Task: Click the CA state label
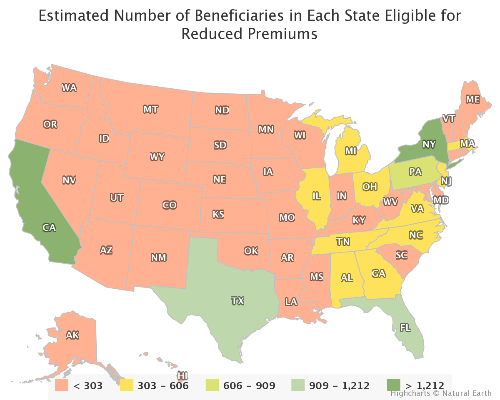coord(49,227)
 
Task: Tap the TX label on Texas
coord(237,300)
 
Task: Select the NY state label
coord(429,144)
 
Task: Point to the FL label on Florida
coord(405,327)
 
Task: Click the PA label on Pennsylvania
coord(415,172)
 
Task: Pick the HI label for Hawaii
coord(182,375)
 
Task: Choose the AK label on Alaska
coord(72,335)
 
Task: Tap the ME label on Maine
coord(472,99)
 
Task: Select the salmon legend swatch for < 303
coord(62,385)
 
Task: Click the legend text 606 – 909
coord(249,385)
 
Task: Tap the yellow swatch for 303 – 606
coord(127,385)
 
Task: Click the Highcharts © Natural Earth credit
coord(441,393)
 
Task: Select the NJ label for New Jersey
coord(447,181)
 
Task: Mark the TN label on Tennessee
coord(343,242)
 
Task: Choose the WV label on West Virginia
coord(390,202)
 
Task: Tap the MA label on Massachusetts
coord(467,143)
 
